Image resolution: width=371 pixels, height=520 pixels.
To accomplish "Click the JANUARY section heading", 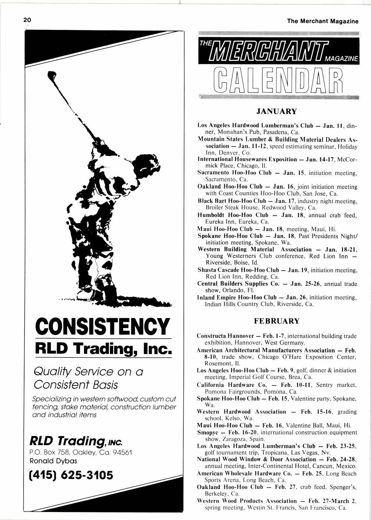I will pos(276,111).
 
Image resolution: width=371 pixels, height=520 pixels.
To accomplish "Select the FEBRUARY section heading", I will pos(276,321).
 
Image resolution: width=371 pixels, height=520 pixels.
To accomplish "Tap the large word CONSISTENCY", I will pos(103,326).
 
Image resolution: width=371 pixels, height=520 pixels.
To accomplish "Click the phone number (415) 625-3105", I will pos(71,475).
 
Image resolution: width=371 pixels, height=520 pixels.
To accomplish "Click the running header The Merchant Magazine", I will pos(323,21).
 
